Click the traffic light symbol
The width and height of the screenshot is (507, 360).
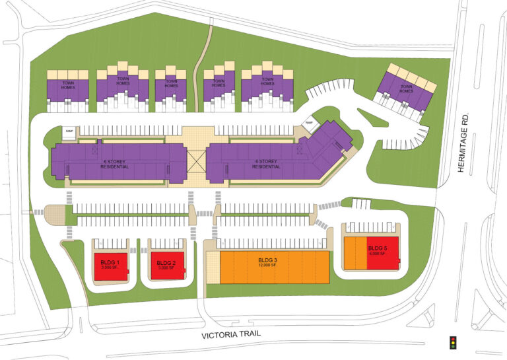tap(452, 342)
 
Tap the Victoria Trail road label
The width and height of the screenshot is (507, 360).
tap(231, 334)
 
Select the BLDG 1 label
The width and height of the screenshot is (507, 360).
tap(110, 263)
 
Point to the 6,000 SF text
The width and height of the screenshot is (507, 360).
tap(378, 254)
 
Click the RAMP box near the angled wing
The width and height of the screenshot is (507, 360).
tap(308, 122)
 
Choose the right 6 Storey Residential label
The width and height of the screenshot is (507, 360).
tap(268, 164)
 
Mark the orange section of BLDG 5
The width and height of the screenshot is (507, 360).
tap(355, 252)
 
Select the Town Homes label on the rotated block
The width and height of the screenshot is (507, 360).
tap(405, 88)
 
